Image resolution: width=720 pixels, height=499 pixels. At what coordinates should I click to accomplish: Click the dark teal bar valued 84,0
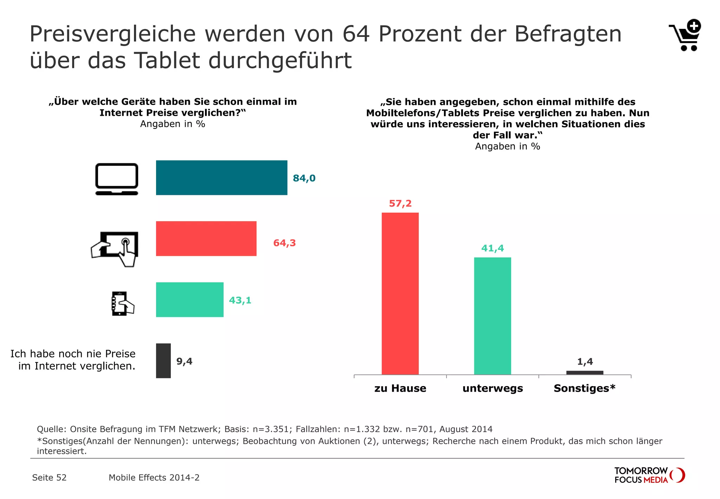click(x=221, y=178)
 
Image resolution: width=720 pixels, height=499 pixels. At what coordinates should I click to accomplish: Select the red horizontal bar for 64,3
click(x=206, y=239)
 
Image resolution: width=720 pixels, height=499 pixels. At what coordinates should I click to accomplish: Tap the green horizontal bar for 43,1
click(x=189, y=299)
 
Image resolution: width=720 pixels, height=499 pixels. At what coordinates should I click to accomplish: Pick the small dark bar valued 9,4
click(x=163, y=361)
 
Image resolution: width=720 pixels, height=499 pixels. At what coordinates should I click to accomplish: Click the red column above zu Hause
click(x=400, y=293)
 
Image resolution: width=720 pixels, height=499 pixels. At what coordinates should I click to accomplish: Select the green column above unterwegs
click(x=492, y=316)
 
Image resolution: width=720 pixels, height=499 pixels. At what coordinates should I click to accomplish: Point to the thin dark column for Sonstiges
click(x=585, y=373)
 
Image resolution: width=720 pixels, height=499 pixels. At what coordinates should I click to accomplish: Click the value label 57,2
click(x=400, y=203)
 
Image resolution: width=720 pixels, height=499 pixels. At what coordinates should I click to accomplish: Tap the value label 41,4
click(x=492, y=248)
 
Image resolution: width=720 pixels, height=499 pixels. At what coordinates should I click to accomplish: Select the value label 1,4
click(x=585, y=361)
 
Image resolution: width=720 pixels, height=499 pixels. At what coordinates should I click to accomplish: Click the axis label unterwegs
click(x=493, y=388)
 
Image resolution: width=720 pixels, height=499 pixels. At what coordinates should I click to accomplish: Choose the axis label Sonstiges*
click(x=584, y=388)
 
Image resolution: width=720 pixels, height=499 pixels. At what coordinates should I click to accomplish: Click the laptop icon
click(x=117, y=179)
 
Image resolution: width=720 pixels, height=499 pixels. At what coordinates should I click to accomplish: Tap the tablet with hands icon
click(x=115, y=248)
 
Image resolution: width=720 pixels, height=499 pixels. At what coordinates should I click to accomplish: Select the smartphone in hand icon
click(x=122, y=303)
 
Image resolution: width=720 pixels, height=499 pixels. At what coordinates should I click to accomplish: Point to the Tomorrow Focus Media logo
click(x=649, y=475)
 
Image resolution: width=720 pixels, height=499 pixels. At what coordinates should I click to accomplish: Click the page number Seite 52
click(x=49, y=478)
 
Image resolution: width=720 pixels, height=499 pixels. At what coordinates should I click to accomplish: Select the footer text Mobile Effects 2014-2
click(x=154, y=478)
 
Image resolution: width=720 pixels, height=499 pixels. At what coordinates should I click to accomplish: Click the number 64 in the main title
click(x=356, y=34)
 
